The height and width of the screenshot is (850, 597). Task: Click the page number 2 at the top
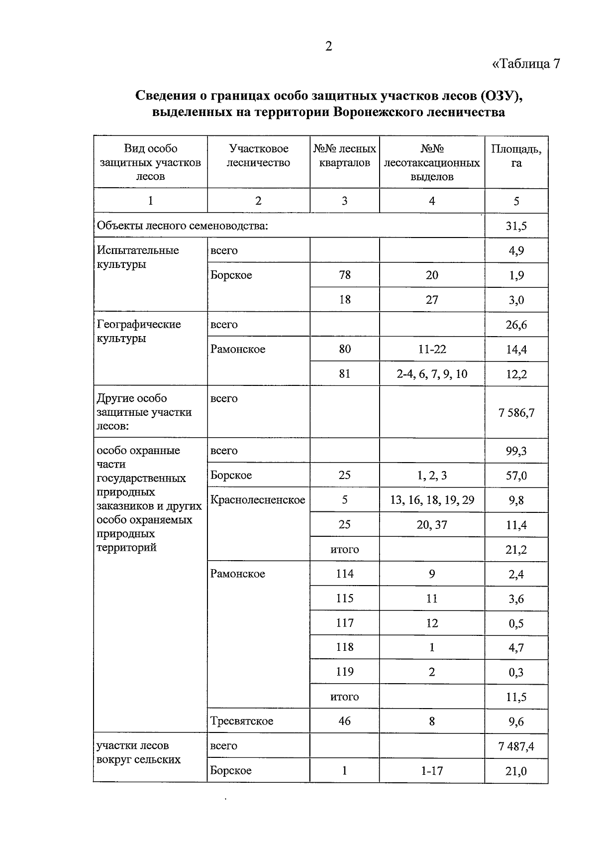(328, 46)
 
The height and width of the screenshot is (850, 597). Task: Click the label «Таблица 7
(526, 64)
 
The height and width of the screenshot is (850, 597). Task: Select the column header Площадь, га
(516, 155)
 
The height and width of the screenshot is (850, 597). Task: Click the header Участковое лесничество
(258, 155)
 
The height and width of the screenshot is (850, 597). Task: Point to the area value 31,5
(516, 226)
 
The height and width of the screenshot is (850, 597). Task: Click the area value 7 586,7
(516, 413)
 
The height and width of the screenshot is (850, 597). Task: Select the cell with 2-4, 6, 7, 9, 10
(432, 374)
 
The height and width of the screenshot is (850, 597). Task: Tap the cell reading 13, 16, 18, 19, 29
(432, 500)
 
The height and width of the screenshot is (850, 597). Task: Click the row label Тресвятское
(242, 721)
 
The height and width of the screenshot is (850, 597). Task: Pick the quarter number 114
(345, 574)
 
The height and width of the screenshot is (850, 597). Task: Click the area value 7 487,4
(516, 746)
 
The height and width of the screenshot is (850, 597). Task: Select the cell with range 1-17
(432, 771)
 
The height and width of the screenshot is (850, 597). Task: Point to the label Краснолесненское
(258, 500)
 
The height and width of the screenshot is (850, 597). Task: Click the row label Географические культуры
(139, 331)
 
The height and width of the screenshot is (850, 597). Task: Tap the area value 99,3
(516, 451)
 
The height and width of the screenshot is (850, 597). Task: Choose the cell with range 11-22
(432, 349)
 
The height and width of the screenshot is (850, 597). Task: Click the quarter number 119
(345, 672)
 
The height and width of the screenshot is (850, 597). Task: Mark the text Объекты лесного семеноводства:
(183, 226)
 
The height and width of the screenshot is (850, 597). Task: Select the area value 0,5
(516, 623)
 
